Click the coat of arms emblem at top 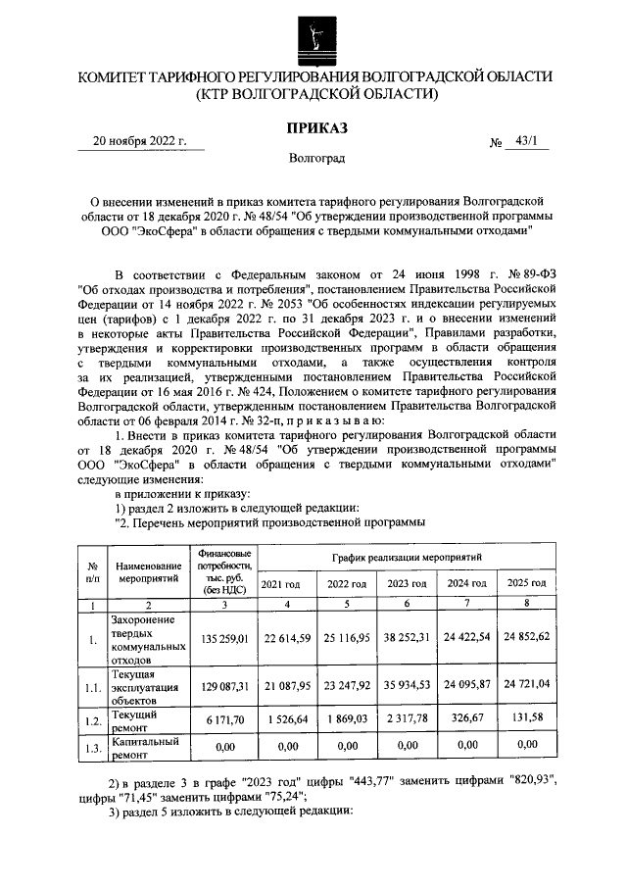313,35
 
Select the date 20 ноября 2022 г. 139,140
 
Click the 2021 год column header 280,584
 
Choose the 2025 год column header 526,584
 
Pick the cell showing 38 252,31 403,639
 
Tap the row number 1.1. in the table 92,687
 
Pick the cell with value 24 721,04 526,687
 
